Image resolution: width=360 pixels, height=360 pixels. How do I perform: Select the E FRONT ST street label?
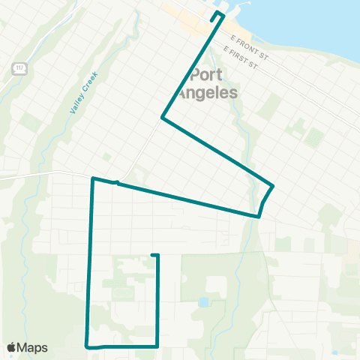(248, 51)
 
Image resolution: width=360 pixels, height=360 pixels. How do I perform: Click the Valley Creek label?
(79, 97)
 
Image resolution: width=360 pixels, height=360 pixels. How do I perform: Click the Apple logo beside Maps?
(12, 347)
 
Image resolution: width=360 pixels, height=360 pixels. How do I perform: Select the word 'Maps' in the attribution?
(33, 347)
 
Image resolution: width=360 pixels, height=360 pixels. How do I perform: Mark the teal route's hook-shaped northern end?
(217, 15)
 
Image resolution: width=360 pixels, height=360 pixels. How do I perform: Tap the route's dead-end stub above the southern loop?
(154, 256)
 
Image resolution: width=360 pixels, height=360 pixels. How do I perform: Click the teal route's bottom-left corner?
(88, 346)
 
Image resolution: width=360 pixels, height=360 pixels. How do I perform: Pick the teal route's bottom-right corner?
(157, 346)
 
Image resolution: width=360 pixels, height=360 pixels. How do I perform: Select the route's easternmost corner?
(273, 185)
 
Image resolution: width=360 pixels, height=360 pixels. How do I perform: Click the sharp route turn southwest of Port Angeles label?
(162, 117)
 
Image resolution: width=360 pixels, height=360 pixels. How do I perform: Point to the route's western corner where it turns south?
(92, 178)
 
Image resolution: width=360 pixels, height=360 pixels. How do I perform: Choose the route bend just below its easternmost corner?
(259, 216)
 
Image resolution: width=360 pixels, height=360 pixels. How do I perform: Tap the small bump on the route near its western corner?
(116, 181)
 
